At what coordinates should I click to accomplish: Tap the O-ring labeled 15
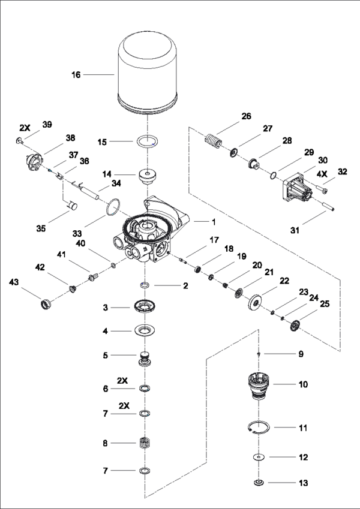pos(145,144)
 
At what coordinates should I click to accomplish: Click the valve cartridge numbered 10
pos(258,385)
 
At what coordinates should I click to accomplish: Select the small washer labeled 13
pos(259,483)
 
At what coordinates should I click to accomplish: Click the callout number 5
pos(105,355)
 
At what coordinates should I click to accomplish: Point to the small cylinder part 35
pos(74,206)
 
